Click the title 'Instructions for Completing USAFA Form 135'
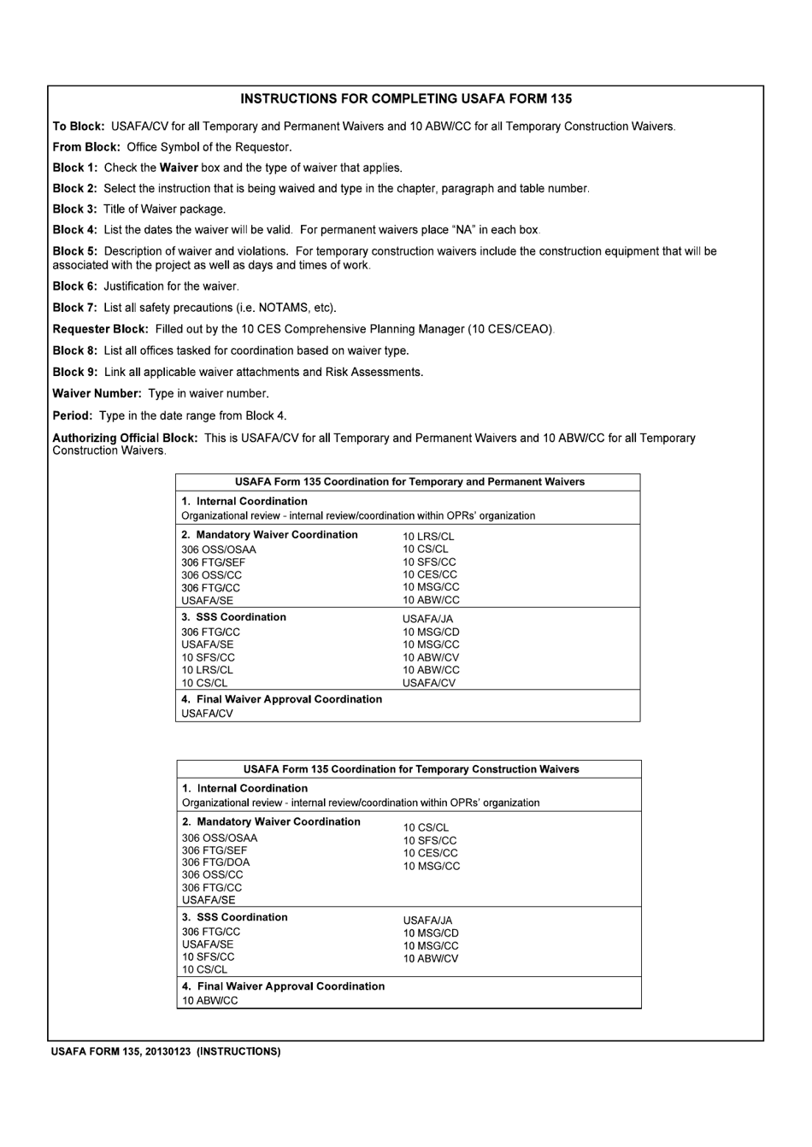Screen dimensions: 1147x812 [406, 99]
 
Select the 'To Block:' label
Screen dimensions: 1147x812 [79, 126]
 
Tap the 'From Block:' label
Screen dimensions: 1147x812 [86, 147]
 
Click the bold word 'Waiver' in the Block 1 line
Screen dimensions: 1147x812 [179, 168]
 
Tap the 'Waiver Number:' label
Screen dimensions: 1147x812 [97, 394]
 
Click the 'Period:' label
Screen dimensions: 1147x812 [73, 416]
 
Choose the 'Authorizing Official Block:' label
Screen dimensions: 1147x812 [125, 438]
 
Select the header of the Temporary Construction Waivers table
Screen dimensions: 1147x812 [410, 769]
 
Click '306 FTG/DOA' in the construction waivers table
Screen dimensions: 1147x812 [215, 862]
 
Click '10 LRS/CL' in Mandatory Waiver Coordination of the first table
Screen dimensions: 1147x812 [428, 537]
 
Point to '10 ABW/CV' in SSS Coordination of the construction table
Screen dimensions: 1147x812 [431, 959]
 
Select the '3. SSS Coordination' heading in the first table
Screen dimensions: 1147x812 [233, 617]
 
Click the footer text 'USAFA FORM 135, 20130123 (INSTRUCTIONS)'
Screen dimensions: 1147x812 [166, 1051]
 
